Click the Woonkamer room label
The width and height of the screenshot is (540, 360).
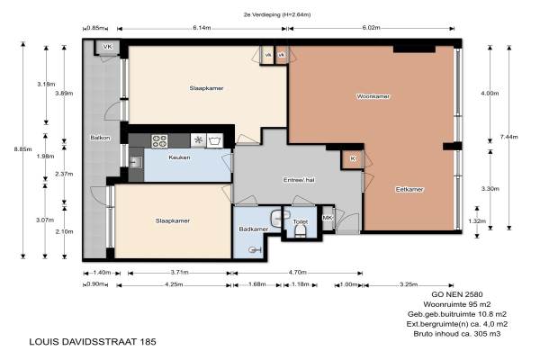pos(373,96)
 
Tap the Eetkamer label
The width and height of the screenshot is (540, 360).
pos(409,189)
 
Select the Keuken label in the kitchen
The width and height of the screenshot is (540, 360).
pos(179,157)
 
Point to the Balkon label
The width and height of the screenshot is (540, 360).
pos(100,138)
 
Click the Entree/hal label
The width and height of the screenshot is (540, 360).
pos(299,180)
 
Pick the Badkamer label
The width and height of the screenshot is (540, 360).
pos(254,229)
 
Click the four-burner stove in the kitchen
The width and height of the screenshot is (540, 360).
pos(159,141)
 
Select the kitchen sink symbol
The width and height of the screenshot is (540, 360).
pos(135,162)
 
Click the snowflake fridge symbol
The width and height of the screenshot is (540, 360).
pos(198,140)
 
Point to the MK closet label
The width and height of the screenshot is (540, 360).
pos(328,218)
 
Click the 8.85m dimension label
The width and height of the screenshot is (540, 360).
pos(22,149)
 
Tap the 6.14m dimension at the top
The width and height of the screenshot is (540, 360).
pos(202,28)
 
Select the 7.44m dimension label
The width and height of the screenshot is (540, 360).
pos(508,137)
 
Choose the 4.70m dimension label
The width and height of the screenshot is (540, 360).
pos(298,272)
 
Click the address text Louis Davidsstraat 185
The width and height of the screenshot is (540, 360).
pos(93,342)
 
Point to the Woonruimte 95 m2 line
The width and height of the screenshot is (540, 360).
pos(457,304)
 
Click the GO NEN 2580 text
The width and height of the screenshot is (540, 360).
pos(457,294)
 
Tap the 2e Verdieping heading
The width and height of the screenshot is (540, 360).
pos(277,14)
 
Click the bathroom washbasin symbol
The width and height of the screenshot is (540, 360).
pos(277,218)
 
